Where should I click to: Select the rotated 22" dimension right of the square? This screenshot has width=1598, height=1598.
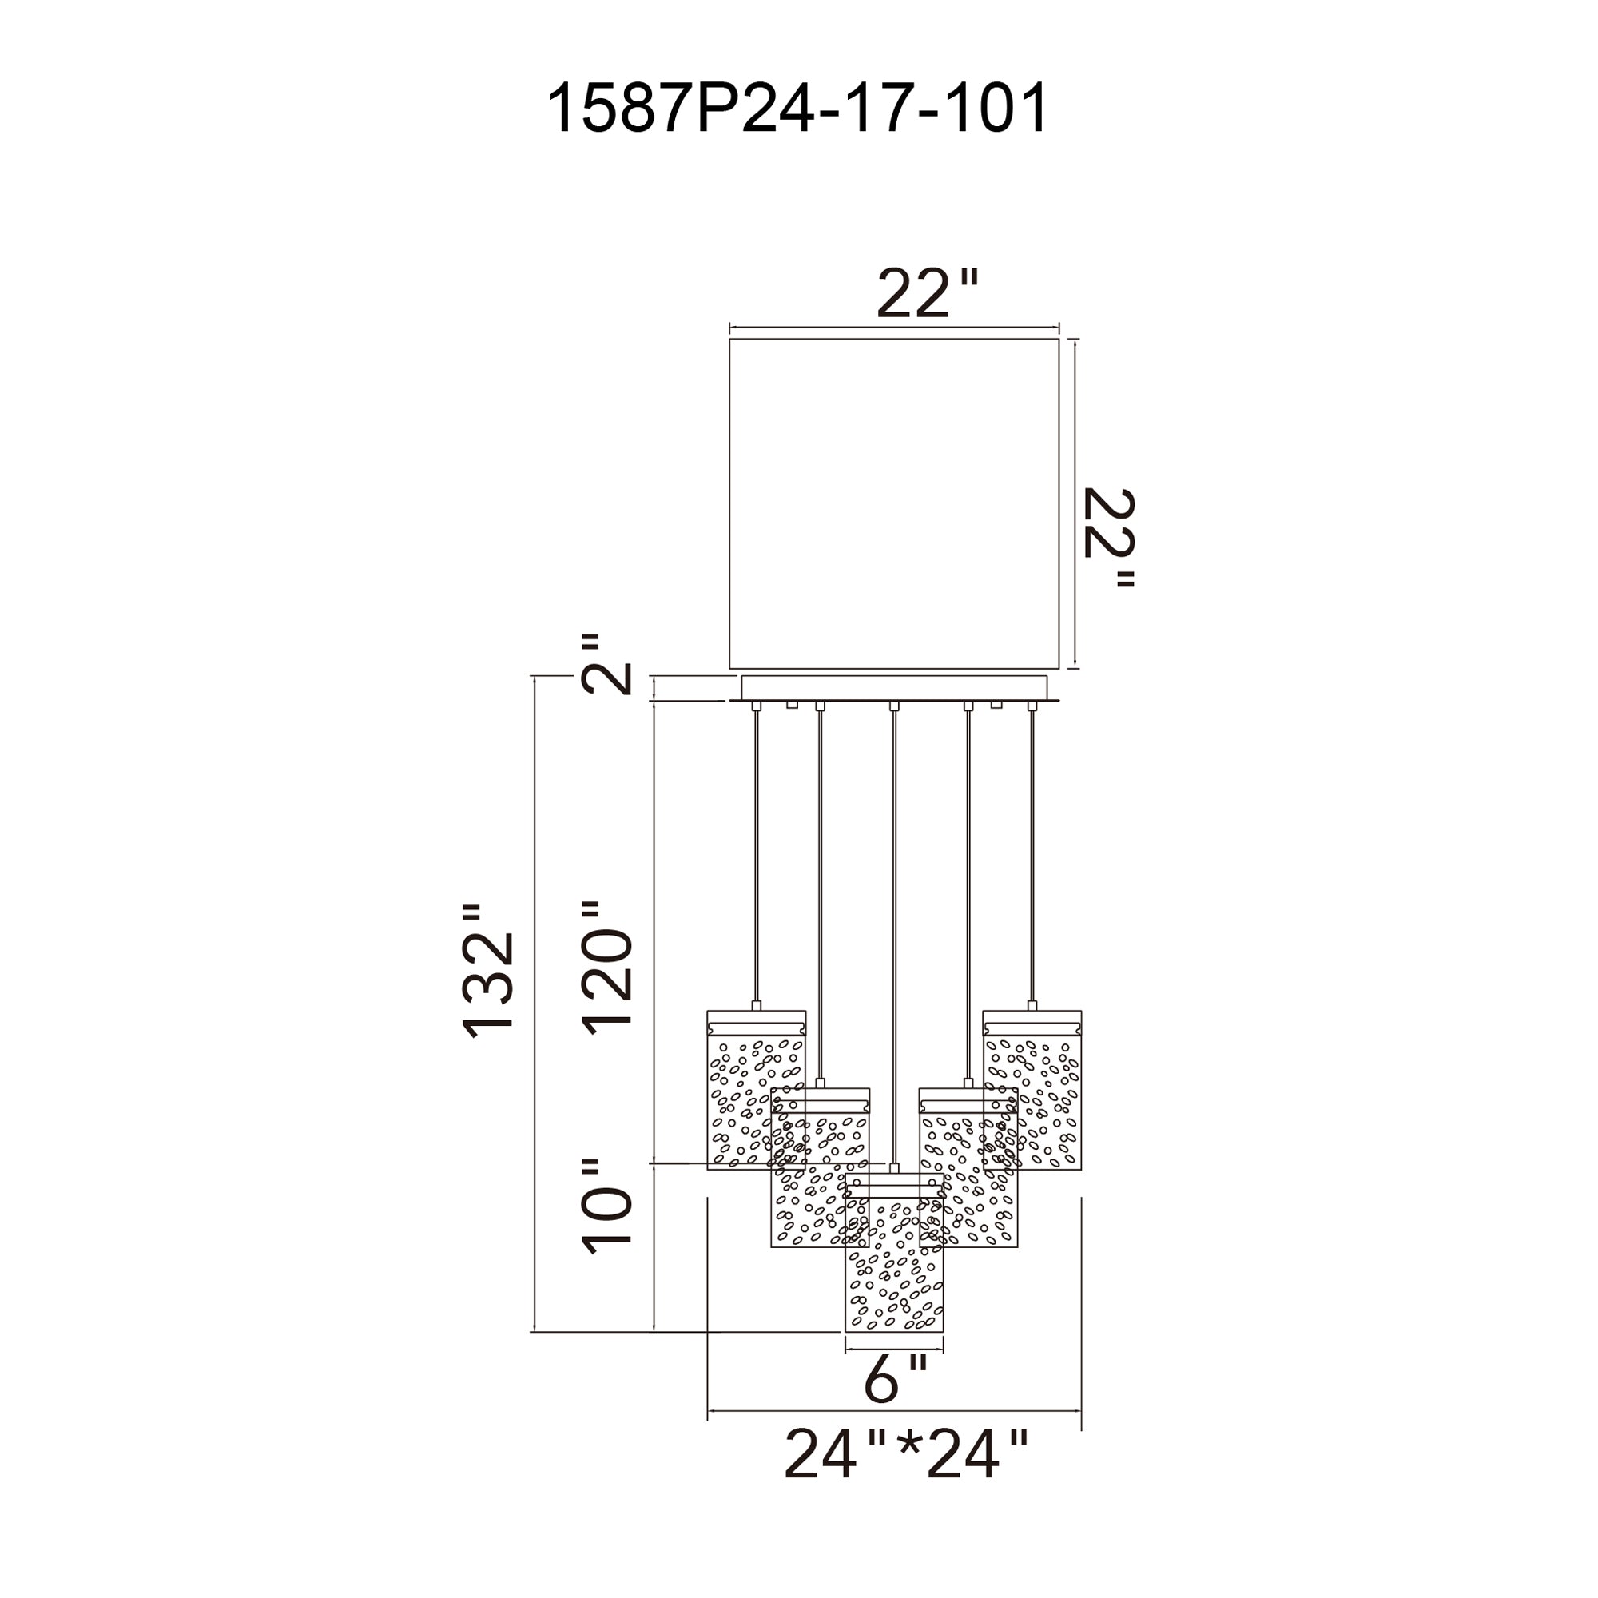[x=1108, y=539]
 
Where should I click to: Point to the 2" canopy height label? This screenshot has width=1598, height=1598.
[x=608, y=665]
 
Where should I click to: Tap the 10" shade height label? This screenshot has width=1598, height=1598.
[x=608, y=1207]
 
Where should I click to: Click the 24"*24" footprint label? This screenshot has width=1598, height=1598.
[x=906, y=1454]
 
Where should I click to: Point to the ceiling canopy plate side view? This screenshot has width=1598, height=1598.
[x=893, y=687]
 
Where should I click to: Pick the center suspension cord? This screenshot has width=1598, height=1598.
[x=893, y=910]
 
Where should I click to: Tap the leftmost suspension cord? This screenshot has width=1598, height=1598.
[x=756, y=852]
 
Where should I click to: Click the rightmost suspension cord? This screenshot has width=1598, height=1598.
[x=1032, y=852]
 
